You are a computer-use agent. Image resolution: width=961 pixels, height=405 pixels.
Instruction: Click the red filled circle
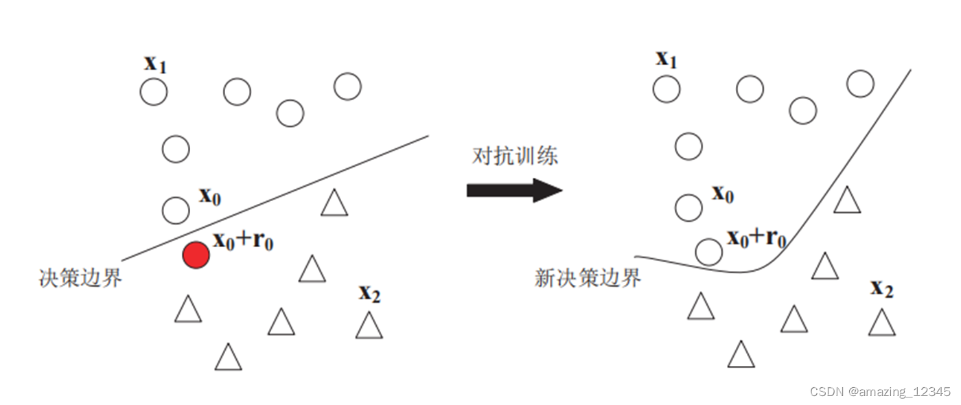pyautogui.click(x=196, y=255)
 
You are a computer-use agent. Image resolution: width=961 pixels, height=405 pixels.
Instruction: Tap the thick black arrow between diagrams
pyautogui.click(x=514, y=190)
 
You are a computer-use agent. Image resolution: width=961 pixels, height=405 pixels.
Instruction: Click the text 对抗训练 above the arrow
pyautogui.click(x=515, y=155)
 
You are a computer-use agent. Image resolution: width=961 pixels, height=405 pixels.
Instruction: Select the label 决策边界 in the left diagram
pyautogui.click(x=80, y=278)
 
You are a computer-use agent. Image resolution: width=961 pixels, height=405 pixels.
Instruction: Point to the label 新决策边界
pyautogui.click(x=588, y=278)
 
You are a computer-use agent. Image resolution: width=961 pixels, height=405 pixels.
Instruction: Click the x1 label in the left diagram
pyautogui.click(x=155, y=64)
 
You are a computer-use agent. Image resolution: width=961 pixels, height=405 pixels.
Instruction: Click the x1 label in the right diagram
pyautogui.click(x=667, y=59)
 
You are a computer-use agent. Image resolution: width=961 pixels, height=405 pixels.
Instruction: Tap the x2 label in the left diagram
pyautogui.click(x=369, y=294)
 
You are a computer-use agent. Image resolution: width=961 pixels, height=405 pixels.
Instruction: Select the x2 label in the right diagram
pyautogui.click(x=882, y=288)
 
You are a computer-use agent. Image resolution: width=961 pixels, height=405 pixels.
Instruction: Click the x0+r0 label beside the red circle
pyautogui.click(x=243, y=240)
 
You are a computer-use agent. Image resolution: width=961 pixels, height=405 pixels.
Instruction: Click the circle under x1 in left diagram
pyautogui.click(x=154, y=92)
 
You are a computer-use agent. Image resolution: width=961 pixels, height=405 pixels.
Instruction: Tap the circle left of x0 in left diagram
pyautogui.click(x=176, y=209)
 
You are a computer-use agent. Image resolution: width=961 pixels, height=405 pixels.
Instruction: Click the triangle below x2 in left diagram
pyautogui.click(x=369, y=326)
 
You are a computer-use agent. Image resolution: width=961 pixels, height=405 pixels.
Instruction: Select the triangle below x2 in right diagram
pyautogui.click(x=882, y=323)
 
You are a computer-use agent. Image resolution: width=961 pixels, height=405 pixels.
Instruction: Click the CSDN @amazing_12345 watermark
pyautogui.click(x=880, y=392)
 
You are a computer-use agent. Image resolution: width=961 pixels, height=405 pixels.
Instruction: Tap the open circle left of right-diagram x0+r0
pyautogui.click(x=708, y=252)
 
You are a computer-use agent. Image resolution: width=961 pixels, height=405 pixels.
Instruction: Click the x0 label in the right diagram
pyautogui.click(x=723, y=194)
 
